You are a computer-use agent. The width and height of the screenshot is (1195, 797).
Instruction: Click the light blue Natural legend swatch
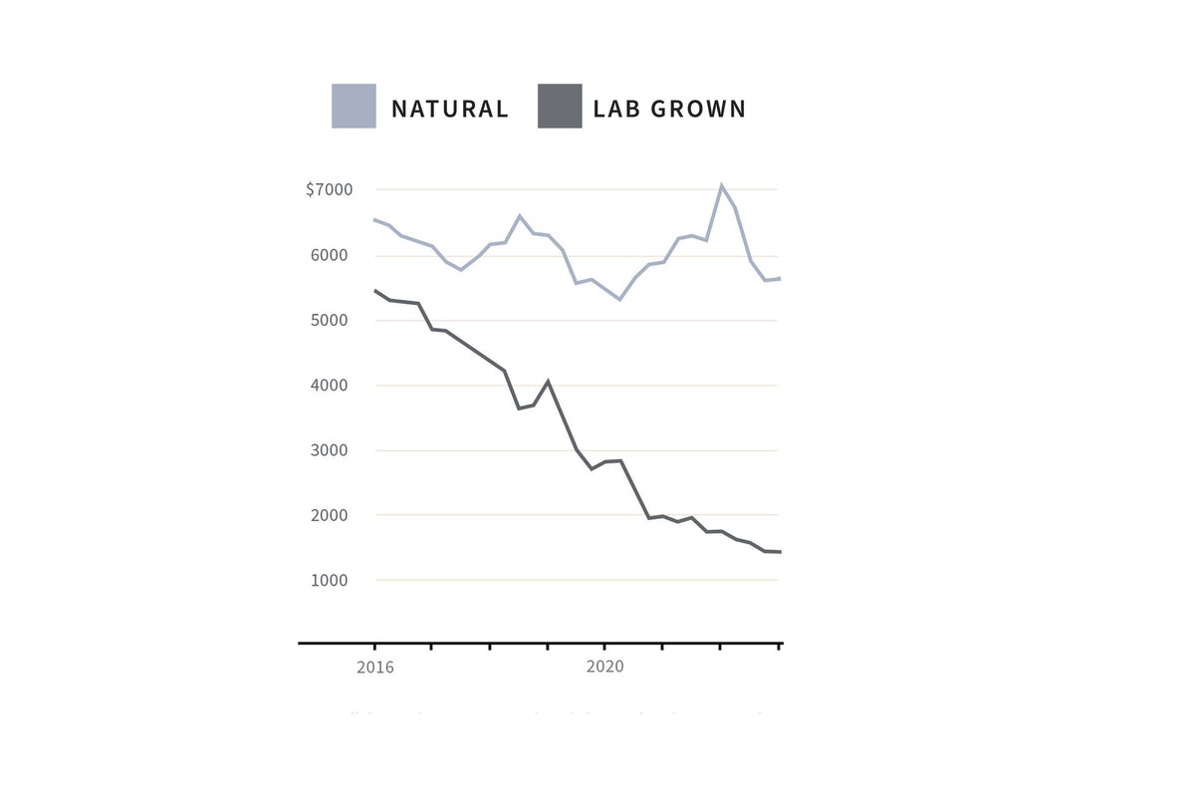(x=354, y=106)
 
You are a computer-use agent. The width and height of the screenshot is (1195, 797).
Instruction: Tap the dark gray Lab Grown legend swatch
(x=560, y=106)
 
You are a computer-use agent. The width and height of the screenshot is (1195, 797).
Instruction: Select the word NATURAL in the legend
(x=449, y=109)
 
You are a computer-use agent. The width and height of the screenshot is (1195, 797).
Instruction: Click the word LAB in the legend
(x=617, y=109)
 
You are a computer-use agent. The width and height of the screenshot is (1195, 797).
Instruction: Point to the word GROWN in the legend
(x=698, y=109)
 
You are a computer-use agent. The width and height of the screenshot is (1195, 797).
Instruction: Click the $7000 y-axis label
(x=329, y=189)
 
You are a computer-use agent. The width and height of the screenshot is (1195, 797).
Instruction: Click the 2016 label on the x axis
(x=374, y=667)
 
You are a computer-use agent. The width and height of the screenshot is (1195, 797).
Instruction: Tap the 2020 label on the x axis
(x=604, y=667)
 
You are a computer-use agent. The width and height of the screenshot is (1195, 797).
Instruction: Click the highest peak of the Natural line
(x=721, y=185)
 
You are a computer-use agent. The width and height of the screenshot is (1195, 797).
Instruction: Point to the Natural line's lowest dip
(x=619, y=299)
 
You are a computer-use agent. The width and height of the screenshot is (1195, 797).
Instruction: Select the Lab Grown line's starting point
(x=374, y=290)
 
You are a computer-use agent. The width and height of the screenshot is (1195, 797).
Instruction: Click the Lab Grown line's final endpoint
(x=780, y=552)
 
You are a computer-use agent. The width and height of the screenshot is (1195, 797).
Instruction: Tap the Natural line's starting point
(x=374, y=219)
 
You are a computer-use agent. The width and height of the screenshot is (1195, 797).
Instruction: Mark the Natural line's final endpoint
(x=780, y=279)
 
